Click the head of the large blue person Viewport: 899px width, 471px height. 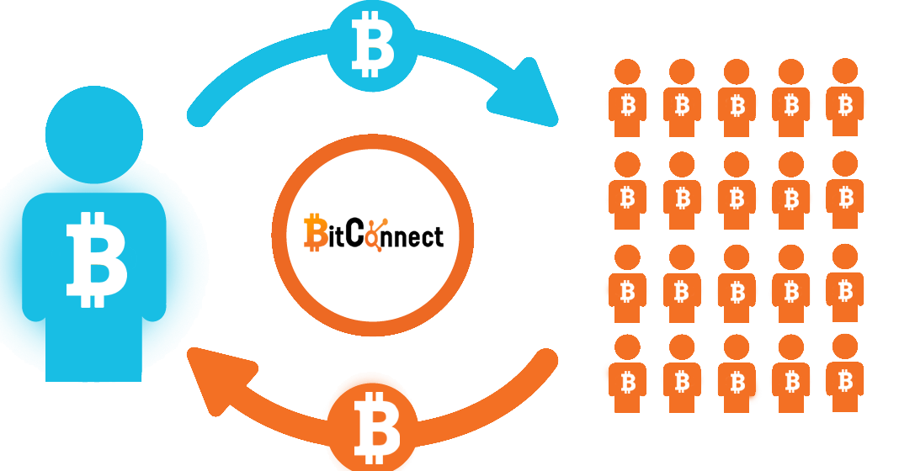(x=94, y=135)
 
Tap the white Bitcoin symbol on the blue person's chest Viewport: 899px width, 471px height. (x=96, y=260)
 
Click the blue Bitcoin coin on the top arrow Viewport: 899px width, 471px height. (x=372, y=46)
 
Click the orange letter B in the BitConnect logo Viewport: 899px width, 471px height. (x=315, y=233)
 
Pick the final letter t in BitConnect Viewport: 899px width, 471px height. (x=438, y=235)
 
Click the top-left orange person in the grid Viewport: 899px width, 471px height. (x=627, y=98)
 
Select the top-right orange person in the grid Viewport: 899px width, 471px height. (x=844, y=97)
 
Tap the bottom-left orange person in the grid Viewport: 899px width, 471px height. (x=627, y=373)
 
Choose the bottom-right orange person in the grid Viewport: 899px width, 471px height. (x=844, y=373)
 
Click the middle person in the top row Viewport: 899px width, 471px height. (x=737, y=98)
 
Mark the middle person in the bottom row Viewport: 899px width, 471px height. (x=737, y=373)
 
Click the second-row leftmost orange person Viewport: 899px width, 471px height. (x=627, y=190)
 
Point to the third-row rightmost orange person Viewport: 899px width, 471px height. (x=844, y=283)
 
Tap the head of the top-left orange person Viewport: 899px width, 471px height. (x=627, y=71)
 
